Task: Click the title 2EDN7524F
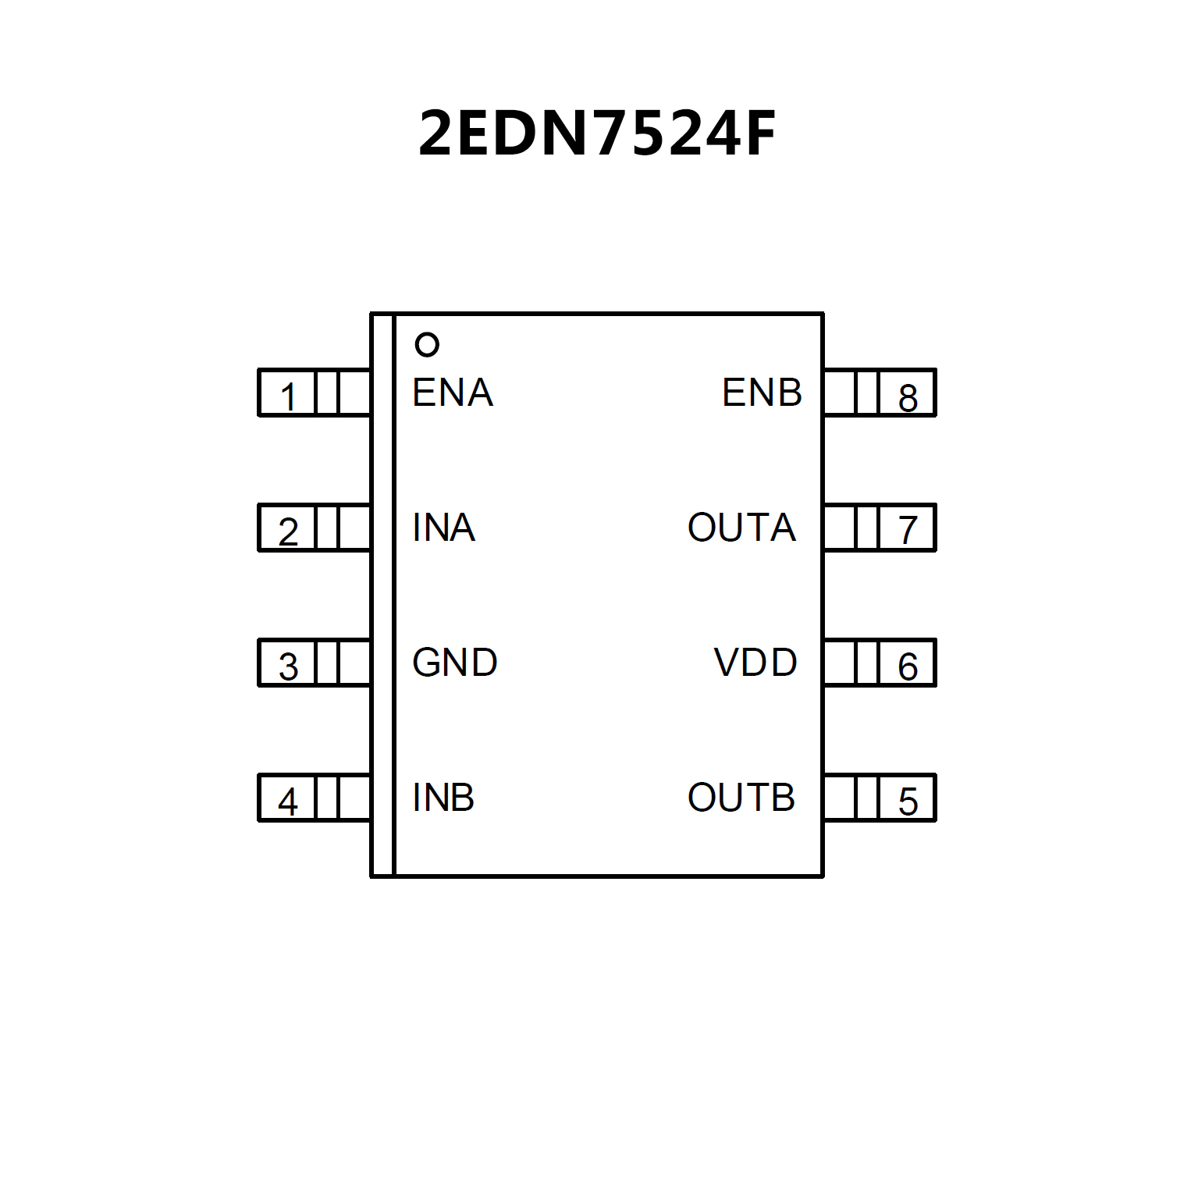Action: tap(597, 133)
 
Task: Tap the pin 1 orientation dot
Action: tap(427, 344)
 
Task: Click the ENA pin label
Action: tap(453, 393)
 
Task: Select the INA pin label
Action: tap(443, 528)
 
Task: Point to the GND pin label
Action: tap(454, 663)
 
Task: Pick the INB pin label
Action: tap(443, 798)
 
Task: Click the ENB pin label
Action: tap(762, 393)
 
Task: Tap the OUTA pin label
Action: tap(741, 528)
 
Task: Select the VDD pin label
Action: tap(755, 663)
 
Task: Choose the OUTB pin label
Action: tap(741, 798)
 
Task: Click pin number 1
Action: tap(288, 396)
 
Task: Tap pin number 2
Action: tap(288, 531)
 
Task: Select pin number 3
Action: tap(288, 667)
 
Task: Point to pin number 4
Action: tap(288, 802)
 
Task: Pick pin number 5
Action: tap(908, 802)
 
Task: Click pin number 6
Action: tap(908, 667)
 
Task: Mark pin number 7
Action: tap(908, 531)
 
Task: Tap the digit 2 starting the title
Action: tap(437, 133)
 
